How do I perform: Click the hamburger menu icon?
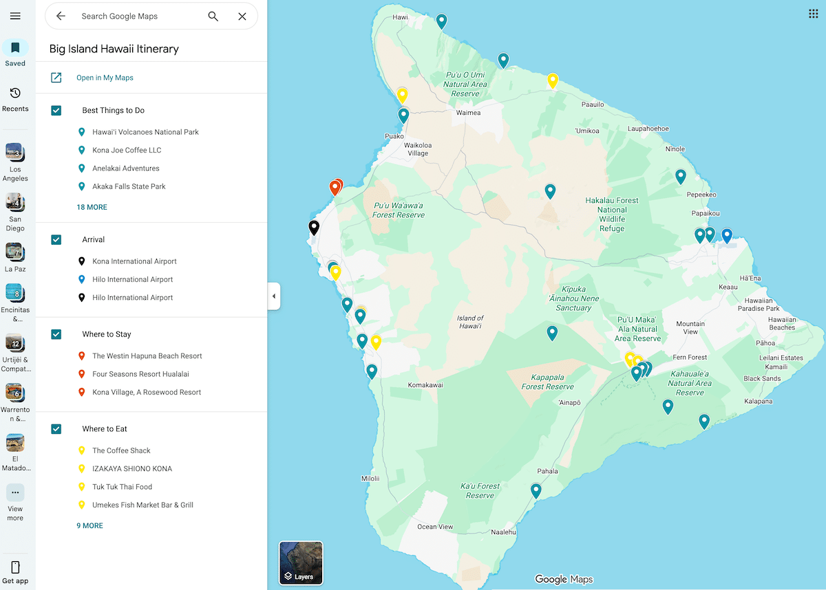tap(15, 16)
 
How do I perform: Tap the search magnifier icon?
tap(213, 17)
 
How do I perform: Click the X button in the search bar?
tap(242, 17)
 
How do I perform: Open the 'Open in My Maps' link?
tap(105, 78)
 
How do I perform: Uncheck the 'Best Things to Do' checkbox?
tap(56, 110)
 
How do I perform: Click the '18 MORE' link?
tap(92, 207)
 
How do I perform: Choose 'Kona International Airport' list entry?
tap(134, 261)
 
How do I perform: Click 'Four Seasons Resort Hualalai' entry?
tap(140, 374)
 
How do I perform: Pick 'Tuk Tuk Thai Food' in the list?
tap(122, 487)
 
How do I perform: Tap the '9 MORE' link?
tap(89, 525)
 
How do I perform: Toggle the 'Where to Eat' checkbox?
tap(56, 429)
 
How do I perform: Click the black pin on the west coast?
tap(314, 227)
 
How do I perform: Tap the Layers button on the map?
tap(301, 562)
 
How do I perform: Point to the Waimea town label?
tap(468, 113)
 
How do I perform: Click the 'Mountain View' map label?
tap(690, 327)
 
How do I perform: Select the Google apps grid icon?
tap(813, 14)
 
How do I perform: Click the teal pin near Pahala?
tap(536, 490)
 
